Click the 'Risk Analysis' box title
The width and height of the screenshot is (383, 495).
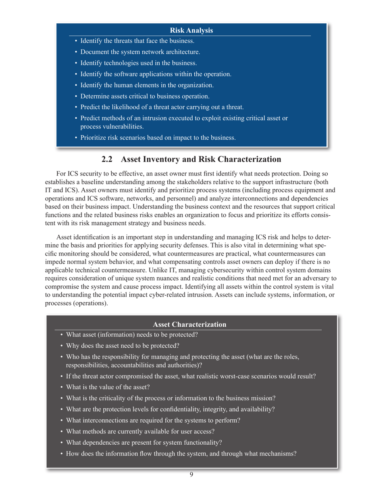click(x=191, y=31)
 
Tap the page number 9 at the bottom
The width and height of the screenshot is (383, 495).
click(x=191, y=474)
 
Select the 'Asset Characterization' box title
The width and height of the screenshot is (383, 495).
click(x=189, y=324)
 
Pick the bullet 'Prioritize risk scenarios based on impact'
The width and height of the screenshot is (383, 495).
click(x=158, y=138)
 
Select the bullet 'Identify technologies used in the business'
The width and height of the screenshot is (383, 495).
click(x=138, y=63)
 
